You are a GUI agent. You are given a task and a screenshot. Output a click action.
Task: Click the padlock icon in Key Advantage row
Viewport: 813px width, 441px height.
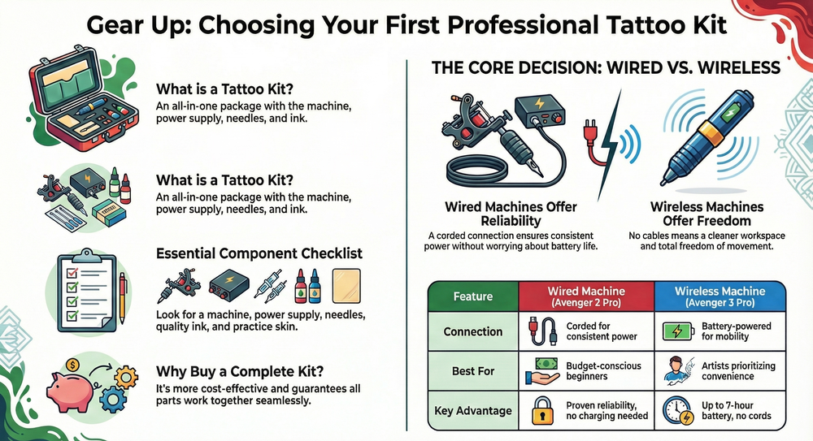point(542,411)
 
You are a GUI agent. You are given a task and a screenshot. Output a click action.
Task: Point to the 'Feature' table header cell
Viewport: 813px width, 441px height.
point(473,296)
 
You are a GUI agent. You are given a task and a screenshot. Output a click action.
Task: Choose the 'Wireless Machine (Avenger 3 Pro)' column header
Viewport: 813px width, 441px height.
point(720,296)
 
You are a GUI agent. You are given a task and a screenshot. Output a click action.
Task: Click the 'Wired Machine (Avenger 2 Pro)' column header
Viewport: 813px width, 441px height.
point(586,296)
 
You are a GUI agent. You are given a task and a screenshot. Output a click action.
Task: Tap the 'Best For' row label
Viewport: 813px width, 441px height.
point(473,371)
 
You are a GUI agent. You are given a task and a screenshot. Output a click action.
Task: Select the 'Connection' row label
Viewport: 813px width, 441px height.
point(473,331)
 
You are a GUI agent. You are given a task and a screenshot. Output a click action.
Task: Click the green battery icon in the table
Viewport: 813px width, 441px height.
point(678,331)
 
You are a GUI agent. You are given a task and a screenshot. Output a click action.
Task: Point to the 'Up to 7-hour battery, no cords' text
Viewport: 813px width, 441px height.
point(737,411)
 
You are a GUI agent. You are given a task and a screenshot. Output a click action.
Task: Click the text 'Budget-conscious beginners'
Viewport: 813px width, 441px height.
point(603,371)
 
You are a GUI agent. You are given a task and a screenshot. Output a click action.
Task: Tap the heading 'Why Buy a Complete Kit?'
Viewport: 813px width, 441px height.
point(240,371)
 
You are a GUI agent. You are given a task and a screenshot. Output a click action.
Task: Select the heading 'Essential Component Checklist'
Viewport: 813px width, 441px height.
point(259,253)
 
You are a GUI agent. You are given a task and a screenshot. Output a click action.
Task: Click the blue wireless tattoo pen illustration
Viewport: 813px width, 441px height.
point(706,138)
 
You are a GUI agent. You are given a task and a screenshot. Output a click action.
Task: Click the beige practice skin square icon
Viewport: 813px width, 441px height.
point(346,286)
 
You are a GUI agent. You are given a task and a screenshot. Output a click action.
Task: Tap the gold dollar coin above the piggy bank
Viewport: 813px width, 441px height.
point(72,365)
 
